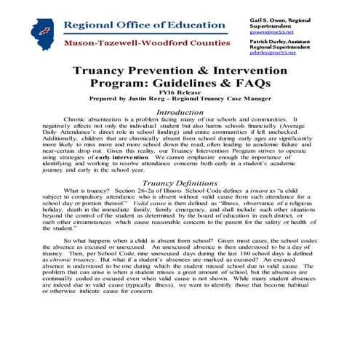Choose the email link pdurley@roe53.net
(x=271, y=52)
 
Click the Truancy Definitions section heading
(x=180, y=203)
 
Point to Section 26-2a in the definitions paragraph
(x=159, y=211)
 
